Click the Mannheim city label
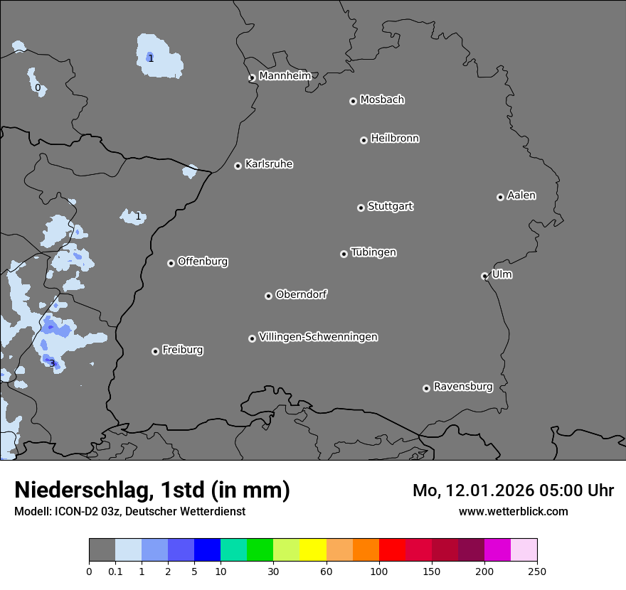[285, 75]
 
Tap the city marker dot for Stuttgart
[361, 208]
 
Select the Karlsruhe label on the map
[269, 164]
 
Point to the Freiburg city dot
[155, 351]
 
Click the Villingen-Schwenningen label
[318, 337]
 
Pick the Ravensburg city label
[463, 387]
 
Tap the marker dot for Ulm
[484, 276]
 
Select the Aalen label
[521, 195]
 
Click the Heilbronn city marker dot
[364, 140]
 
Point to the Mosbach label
[382, 100]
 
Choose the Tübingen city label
[373, 252]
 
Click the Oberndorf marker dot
[268, 296]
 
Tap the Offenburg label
[203, 262]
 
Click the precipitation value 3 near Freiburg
[52, 364]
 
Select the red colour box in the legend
[392, 550]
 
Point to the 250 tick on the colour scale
[537, 571]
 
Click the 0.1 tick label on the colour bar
[115, 571]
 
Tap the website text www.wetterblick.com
[513, 511]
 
